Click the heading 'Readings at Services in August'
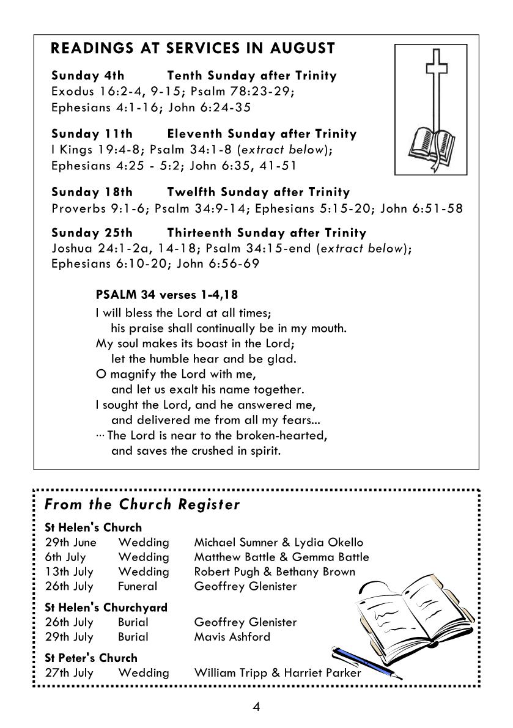coord(193,49)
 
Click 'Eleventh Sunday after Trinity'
coord(261,134)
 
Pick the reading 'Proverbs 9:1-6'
coord(100,209)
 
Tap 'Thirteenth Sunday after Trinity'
coord(266,233)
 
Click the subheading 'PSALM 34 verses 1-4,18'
coord(166,295)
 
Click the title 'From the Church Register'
coord(142,505)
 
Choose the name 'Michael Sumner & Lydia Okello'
coord(278,542)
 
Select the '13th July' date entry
coord(69,572)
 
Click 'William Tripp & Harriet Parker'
coord(277,673)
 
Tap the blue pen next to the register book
coord(366,663)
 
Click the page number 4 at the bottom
coord(256,707)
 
